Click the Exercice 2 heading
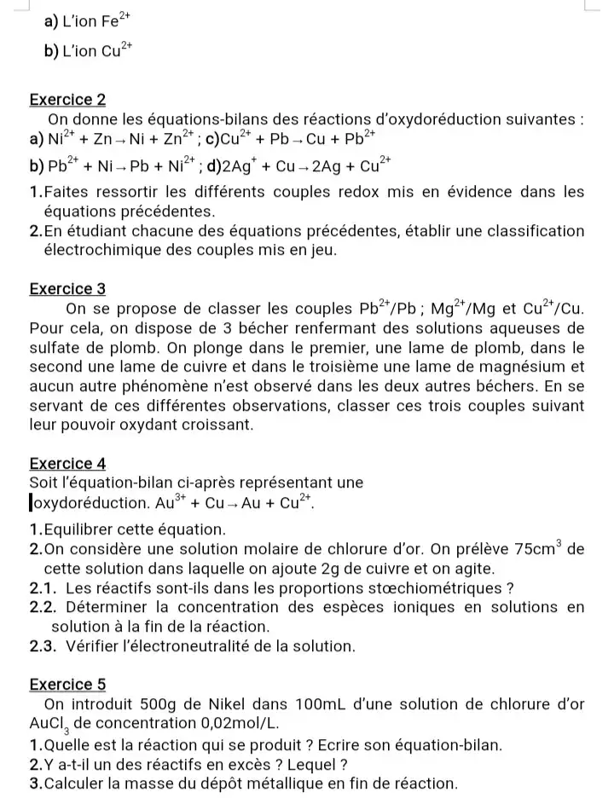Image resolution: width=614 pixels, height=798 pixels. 67,100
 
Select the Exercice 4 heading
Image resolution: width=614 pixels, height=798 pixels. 67,463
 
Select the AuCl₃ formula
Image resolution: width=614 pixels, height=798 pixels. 50,724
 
